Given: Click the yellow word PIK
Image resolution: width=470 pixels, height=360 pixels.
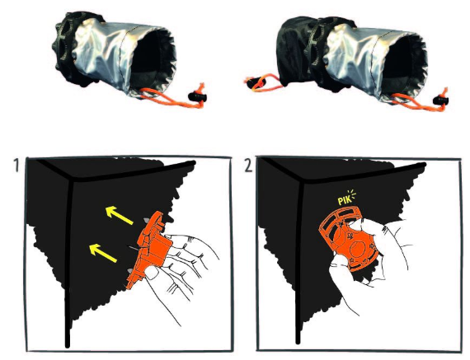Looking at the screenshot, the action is [344, 200].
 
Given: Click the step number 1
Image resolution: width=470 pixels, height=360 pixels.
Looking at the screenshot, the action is [16, 166].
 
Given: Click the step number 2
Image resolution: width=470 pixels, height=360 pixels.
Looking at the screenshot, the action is [248, 166].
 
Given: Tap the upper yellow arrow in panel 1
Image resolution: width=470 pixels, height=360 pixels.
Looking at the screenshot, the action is [120, 215].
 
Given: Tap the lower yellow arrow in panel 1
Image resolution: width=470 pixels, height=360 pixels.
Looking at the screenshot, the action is [103, 253].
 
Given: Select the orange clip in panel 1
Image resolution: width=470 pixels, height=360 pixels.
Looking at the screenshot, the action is [149, 249].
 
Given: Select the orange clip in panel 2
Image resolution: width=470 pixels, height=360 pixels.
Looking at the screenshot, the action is [348, 239].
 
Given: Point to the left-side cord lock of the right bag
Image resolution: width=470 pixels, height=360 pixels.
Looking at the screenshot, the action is [254, 82].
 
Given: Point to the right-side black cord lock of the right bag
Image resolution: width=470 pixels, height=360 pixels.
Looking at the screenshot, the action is [441, 101].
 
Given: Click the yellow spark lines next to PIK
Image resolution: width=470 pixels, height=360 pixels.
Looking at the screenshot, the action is [352, 194].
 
